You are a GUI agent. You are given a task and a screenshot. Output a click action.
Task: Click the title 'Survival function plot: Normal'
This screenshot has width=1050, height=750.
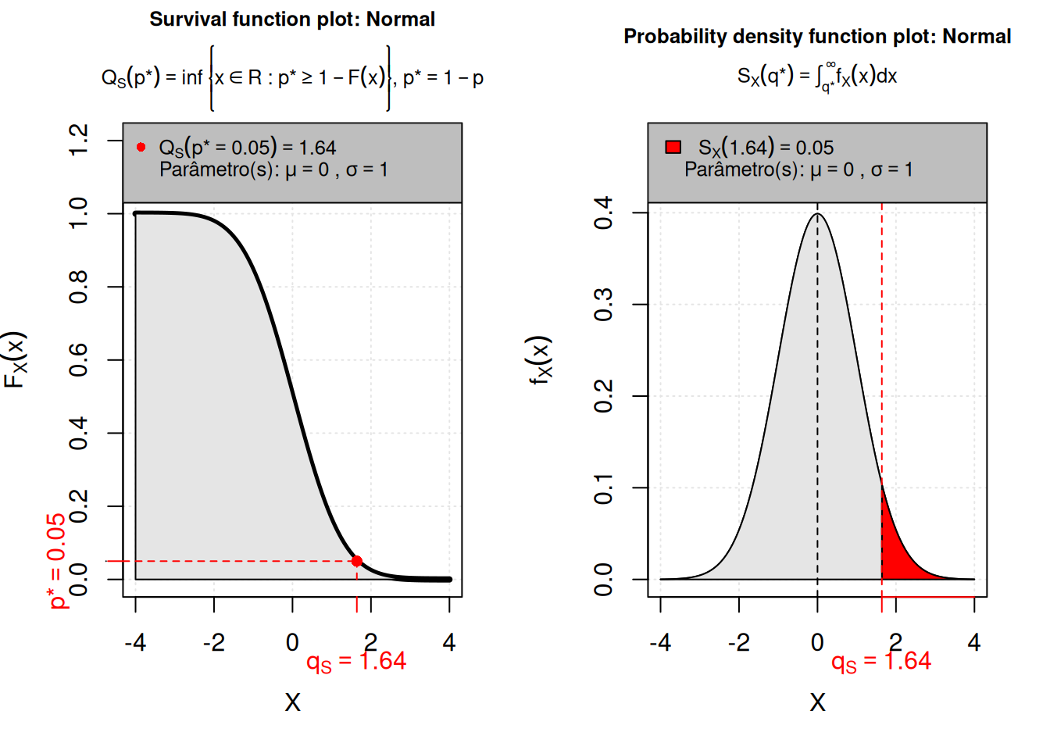[x=292, y=20]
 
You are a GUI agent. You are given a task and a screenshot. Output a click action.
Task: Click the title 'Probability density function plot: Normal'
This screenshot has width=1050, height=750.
[x=817, y=37]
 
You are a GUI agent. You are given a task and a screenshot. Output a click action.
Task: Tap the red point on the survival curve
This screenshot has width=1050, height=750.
[x=357, y=561]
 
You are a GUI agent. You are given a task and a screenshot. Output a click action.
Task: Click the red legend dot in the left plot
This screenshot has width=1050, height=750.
[x=141, y=147]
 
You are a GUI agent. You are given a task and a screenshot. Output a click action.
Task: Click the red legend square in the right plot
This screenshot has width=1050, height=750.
[x=673, y=147]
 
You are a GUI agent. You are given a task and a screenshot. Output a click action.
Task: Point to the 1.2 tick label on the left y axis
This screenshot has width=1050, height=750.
[x=79, y=140]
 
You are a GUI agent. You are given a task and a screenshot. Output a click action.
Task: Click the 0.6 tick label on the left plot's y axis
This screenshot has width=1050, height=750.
[x=79, y=359]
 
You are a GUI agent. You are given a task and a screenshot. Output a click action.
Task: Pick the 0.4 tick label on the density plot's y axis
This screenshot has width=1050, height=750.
[x=604, y=212]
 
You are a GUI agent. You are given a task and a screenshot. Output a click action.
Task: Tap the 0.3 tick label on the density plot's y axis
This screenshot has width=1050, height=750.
[x=604, y=304]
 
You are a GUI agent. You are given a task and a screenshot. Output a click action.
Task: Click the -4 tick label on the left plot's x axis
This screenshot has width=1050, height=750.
[x=135, y=643]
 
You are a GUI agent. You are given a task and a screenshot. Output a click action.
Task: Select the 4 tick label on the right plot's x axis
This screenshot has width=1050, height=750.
[x=973, y=643]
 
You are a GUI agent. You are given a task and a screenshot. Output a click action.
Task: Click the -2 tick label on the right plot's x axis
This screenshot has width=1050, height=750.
[x=738, y=643]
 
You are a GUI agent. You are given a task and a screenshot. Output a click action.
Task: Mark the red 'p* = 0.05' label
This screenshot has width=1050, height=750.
[x=56, y=560]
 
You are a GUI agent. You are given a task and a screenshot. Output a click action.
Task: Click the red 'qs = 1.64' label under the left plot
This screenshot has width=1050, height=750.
[x=356, y=662]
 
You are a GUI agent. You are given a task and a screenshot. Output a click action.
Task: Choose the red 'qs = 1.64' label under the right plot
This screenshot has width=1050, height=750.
[x=881, y=662]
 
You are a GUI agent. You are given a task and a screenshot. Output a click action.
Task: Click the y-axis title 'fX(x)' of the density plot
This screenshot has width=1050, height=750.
[x=540, y=360]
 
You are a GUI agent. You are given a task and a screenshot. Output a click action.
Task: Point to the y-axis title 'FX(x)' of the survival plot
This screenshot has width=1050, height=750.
[x=16, y=360]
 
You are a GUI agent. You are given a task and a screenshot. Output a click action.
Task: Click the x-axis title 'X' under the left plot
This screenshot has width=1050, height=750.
[x=292, y=702]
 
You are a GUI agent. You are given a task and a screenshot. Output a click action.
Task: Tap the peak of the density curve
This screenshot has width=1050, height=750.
[x=817, y=214]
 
